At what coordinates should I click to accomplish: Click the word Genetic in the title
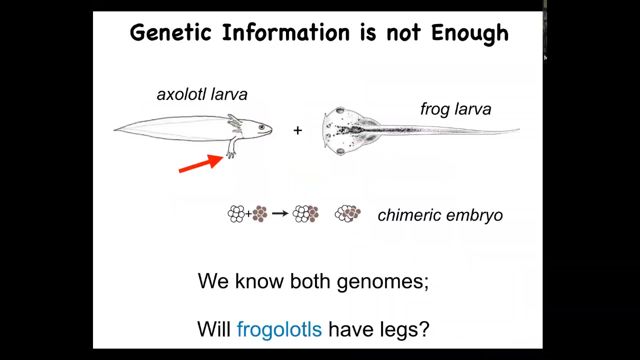pos(170,32)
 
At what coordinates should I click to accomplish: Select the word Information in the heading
pos(285,32)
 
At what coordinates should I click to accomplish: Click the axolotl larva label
pos(202,94)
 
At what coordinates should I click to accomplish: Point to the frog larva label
pos(455,109)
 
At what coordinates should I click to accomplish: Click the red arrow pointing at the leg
pos(201,163)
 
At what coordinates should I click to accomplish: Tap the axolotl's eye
pos(261,127)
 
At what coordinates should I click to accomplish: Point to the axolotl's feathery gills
pos(235,122)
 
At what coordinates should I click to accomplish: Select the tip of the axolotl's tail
pos(114,130)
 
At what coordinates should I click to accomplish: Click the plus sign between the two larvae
pos(297,130)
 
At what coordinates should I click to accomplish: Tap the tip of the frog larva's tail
pos(519,129)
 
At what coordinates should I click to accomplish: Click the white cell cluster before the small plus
pos(236,213)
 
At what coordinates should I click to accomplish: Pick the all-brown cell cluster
pos(260,213)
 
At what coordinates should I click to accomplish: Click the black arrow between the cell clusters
pos(280,213)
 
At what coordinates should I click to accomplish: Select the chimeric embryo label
pos(440,215)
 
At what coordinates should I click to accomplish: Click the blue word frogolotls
pos(279,329)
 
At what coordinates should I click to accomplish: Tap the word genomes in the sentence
pos(383,281)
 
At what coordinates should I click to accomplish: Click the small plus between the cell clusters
pos(248,213)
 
